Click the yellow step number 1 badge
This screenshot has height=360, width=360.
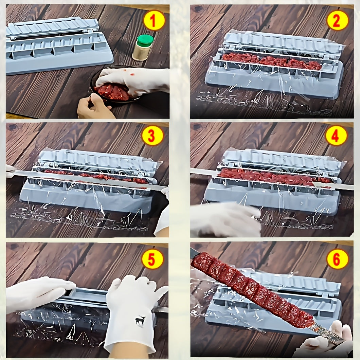154,20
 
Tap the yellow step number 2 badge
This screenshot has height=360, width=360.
338,20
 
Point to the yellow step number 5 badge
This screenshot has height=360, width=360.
153,259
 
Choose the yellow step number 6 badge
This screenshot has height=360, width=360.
337,259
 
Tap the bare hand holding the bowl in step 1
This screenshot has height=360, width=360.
93,107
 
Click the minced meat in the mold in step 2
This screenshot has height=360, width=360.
272,61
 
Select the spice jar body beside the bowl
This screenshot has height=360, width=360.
142,53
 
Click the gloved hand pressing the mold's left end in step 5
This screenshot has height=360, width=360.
37,292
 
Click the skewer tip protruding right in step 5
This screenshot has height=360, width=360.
162,309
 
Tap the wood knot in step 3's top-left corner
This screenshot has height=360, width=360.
13,127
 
